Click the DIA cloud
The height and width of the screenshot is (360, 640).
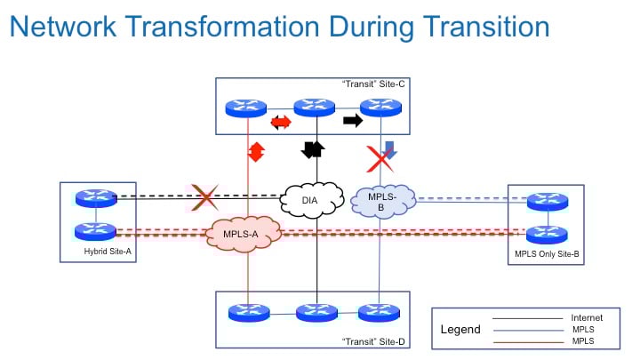tap(311, 200)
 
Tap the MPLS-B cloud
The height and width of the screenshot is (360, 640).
tap(383, 202)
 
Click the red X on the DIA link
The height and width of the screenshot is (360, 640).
tap(205, 197)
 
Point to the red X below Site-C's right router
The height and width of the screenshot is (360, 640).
tap(380, 159)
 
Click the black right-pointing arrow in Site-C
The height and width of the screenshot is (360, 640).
tap(353, 120)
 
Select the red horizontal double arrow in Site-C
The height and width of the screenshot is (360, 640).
tap(281, 122)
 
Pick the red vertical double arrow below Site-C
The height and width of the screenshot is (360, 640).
tap(256, 152)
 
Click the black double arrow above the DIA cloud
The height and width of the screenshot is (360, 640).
tap(313, 150)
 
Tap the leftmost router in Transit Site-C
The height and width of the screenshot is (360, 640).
tap(245, 108)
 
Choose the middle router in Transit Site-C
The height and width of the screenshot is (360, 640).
tap(315, 108)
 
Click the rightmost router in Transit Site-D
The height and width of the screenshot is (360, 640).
tap(379, 313)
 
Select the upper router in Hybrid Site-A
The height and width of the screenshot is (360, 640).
tap(96, 198)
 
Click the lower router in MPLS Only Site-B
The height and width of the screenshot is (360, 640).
tap(547, 235)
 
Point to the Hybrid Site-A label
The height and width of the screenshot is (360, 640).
tap(108, 252)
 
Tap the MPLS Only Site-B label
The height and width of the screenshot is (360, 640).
tap(547, 254)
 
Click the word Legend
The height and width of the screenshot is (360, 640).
tap(460, 330)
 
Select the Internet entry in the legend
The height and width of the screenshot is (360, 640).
tap(587, 317)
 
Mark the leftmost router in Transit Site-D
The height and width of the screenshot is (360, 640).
tap(249, 313)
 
